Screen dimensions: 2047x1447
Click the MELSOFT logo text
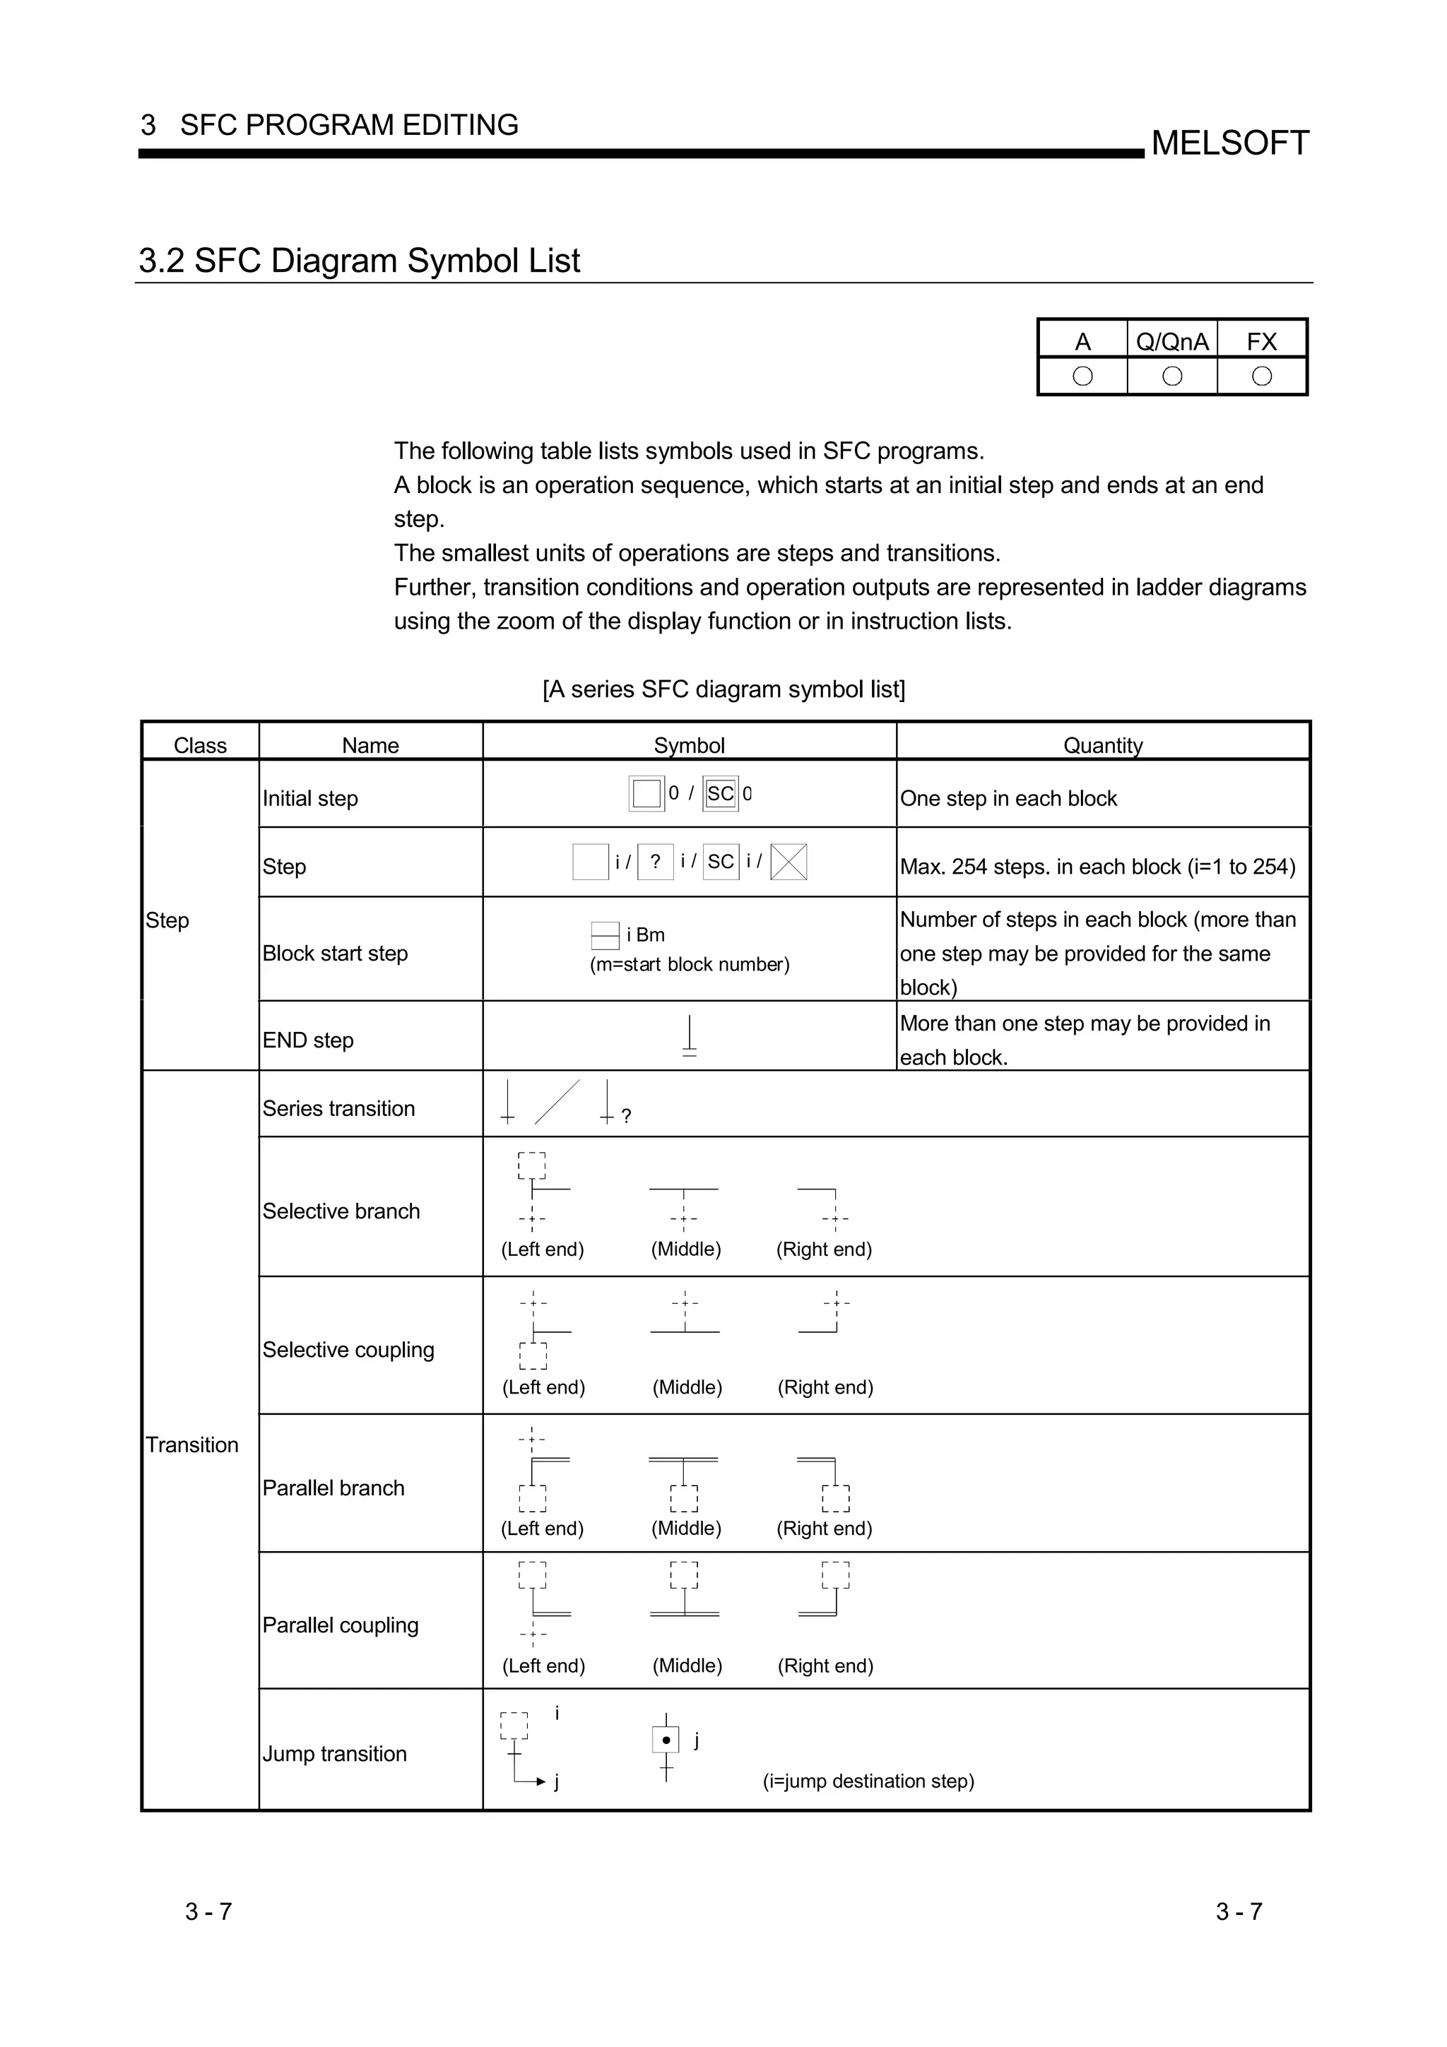coord(1229,143)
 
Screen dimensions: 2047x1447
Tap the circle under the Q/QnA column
coord(1171,376)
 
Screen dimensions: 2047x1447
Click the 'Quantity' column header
coord(1102,745)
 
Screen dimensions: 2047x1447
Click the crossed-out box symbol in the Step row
coord(788,862)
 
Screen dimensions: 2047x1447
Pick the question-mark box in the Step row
coord(655,862)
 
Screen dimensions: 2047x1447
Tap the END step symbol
coord(689,1036)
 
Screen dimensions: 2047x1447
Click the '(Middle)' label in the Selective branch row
coord(685,1249)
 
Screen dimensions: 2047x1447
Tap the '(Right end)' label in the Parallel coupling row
coord(825,1666)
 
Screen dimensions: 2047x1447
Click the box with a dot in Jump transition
coord(666,1740)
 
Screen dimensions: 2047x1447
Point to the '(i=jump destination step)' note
coord(868,1781)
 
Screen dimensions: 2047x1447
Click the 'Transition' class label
coord(191,1444)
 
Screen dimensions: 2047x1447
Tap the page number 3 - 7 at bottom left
coord(208,1911)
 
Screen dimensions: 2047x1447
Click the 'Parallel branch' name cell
coord(333,1487)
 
